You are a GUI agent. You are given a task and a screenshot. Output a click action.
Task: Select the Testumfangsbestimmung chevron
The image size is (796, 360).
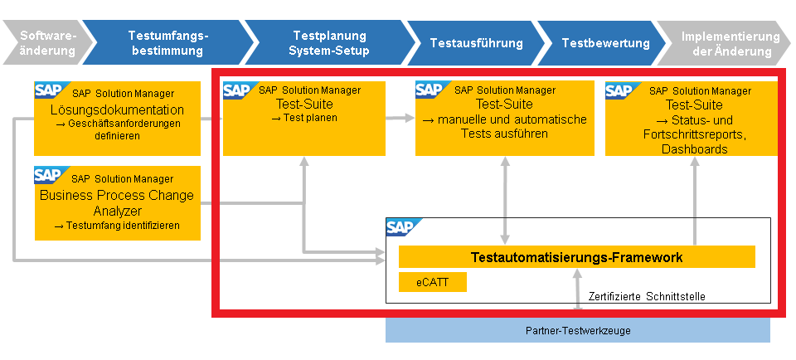coord(167,42)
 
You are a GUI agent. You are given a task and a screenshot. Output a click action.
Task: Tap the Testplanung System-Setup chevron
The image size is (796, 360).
coord(329,42)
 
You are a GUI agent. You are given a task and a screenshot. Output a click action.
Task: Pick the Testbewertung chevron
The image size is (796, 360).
coord(605,42)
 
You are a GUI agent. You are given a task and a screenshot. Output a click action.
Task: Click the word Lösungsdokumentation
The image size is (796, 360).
coord(117,109)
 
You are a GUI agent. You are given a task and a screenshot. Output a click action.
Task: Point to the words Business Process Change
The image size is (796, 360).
coord(117,195)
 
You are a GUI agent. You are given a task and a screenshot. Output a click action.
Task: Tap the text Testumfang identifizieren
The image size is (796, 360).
coord(123,226)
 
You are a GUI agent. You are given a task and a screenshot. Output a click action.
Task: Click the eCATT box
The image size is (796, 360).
coord(433,282)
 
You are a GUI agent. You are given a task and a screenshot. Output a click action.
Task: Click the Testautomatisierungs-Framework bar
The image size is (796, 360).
coord(577,257)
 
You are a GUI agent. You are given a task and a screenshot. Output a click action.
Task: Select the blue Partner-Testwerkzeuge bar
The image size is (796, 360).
coord(578,330)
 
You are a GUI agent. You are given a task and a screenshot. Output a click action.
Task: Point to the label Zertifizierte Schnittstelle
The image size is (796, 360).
coord(647,296)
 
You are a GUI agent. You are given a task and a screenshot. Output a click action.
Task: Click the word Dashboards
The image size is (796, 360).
coord(695,149)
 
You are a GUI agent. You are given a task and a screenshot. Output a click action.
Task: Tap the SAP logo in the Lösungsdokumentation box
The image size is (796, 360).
coord(50,90)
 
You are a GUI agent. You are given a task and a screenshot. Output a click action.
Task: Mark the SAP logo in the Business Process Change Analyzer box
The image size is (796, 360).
coord(50,175)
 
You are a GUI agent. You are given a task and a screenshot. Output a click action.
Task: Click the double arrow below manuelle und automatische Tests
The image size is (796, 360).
coord(505,201)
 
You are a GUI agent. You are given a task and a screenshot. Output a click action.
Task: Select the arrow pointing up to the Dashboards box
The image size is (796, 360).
coord(694,201)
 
